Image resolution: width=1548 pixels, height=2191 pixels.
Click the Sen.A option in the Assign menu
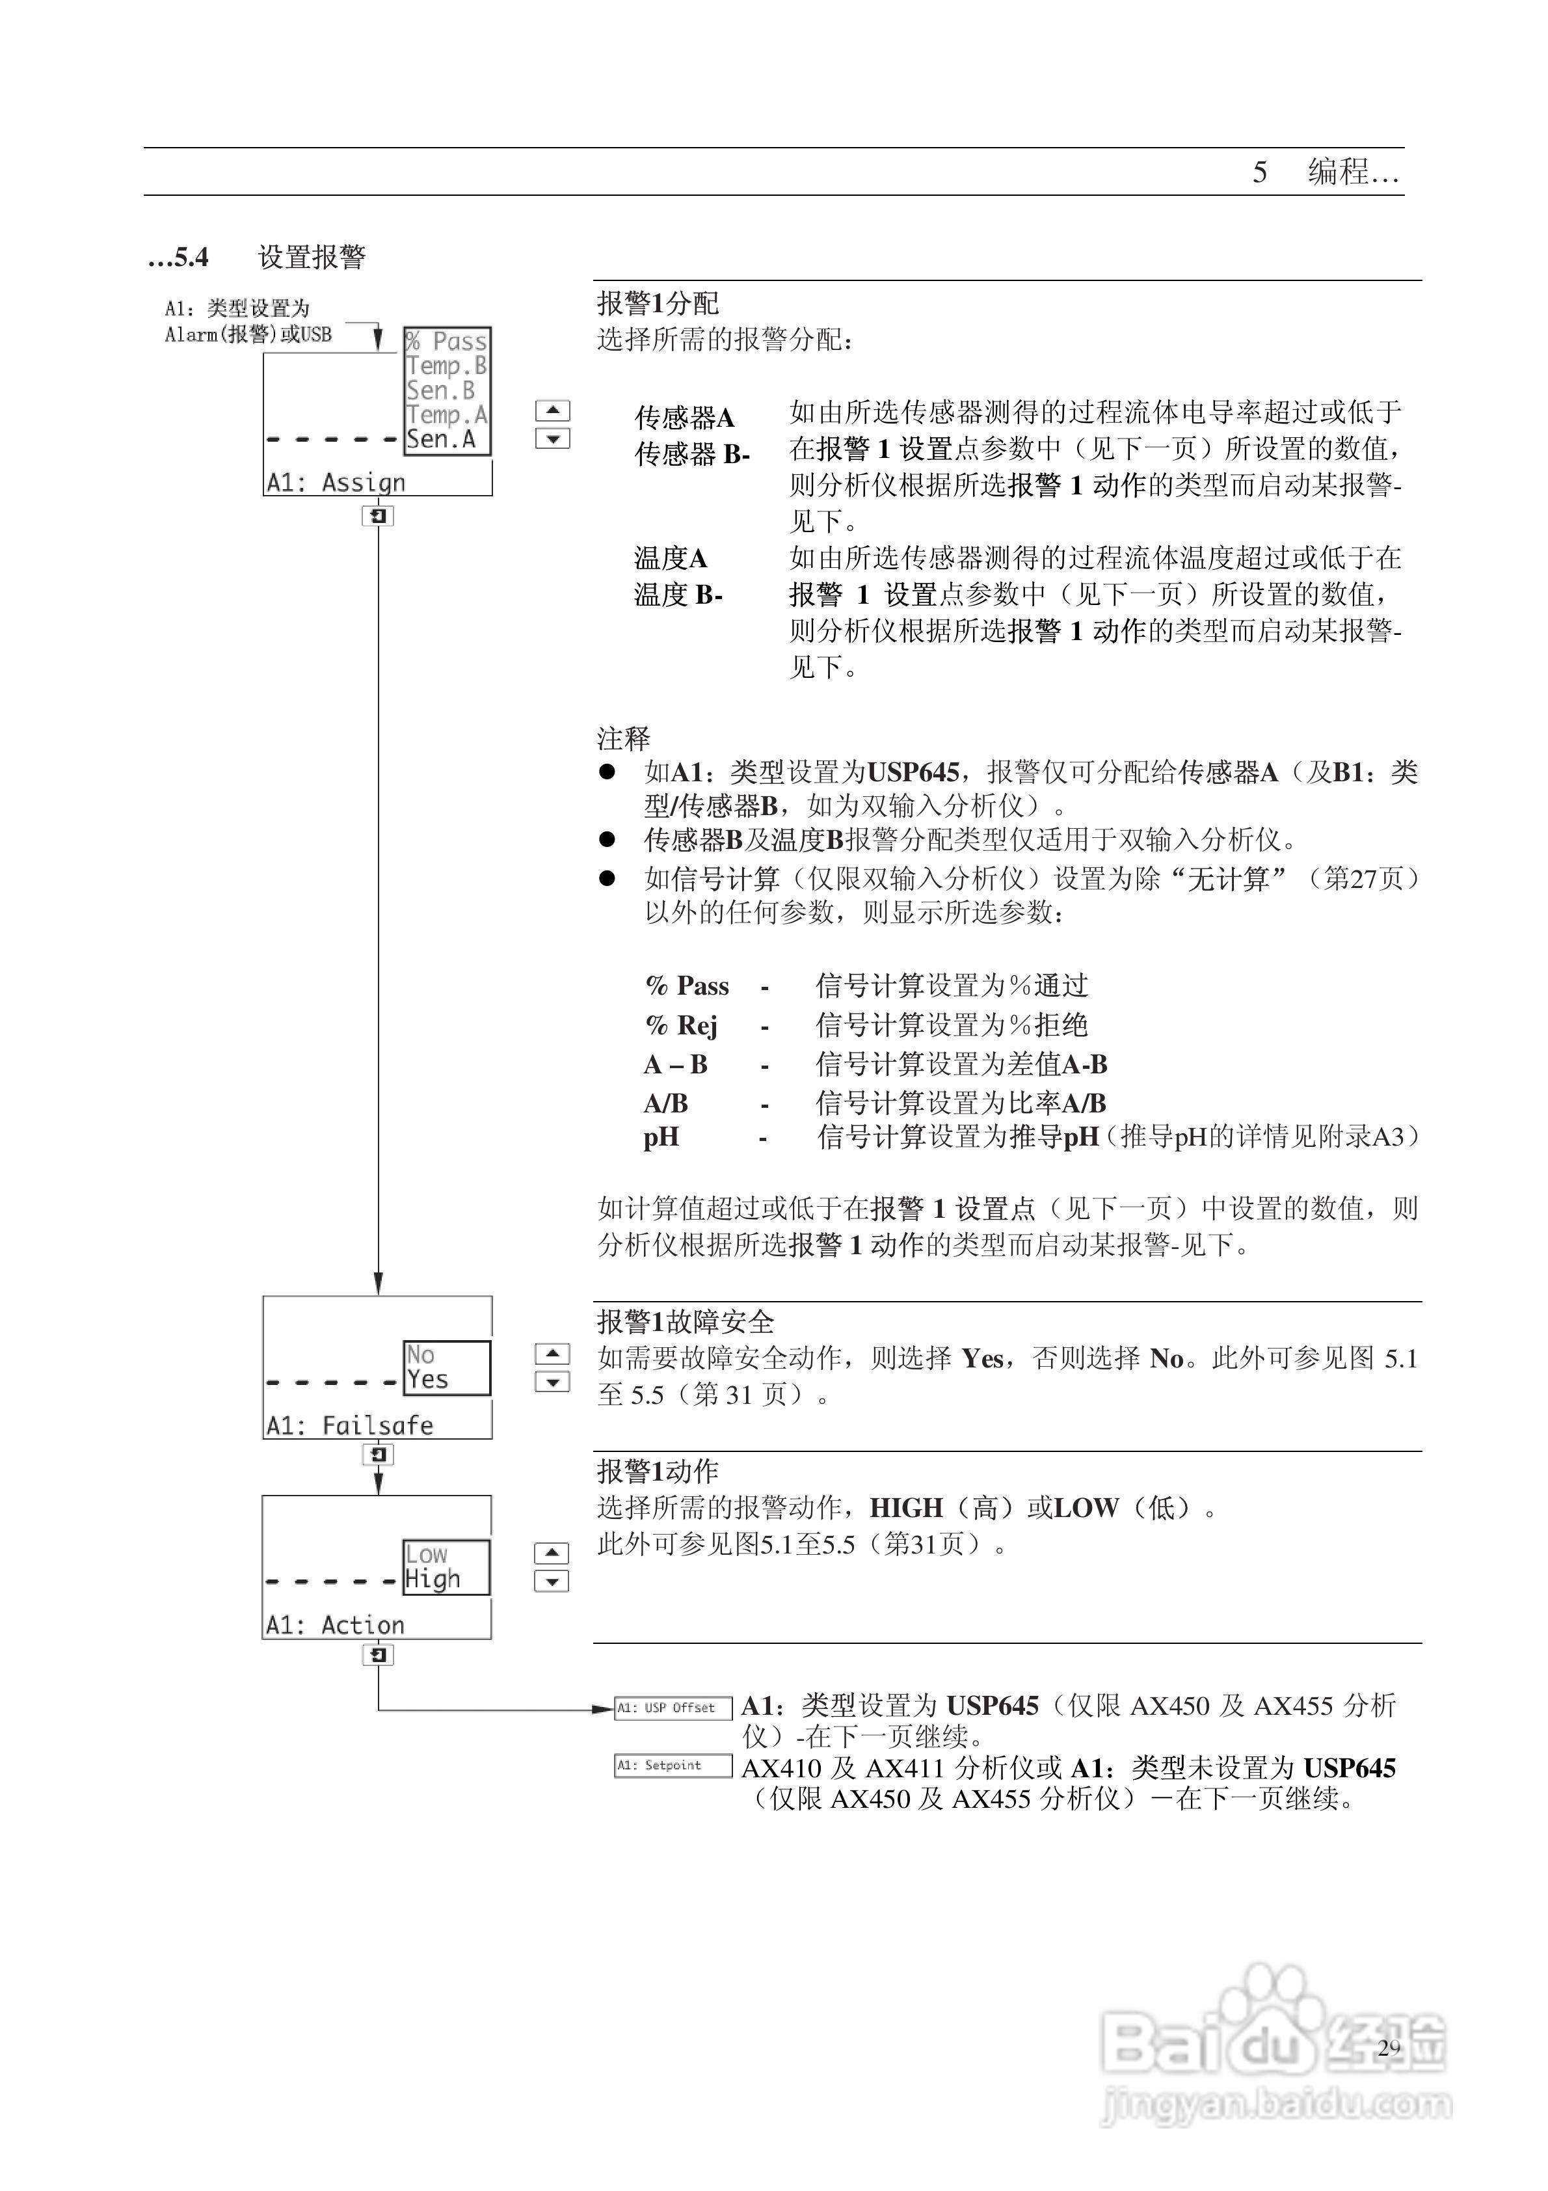pyautogui.click(x=441, y=440)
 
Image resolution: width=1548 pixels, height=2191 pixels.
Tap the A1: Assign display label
pyautogui.click(x=336, y=483)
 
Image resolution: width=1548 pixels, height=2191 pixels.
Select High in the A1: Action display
pyautogui.click(x=433, y=1579)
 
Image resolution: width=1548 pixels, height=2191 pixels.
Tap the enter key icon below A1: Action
pyautogui.click(x=378, y=1655)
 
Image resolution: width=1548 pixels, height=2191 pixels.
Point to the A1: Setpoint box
pyautogui.click(x=673, y=1766)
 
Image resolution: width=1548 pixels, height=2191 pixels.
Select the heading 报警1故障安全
pyautogui.click(x=686, y=1322)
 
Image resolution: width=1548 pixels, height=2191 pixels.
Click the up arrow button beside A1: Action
pyautogui.click(x=552, y=1553)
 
